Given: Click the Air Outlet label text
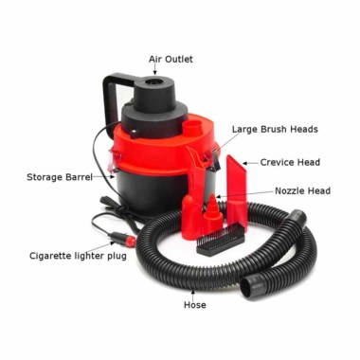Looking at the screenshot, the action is pos(171,60).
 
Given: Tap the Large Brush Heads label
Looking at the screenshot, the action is pos(275,130).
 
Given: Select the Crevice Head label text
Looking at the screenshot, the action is pos(290,162).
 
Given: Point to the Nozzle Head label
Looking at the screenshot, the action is pos(303,191).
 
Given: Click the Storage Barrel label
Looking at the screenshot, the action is pos(60,177).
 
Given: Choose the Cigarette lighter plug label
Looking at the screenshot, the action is pos(78,256).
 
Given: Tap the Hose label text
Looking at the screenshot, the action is pos(195,305).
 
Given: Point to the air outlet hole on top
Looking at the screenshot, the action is pos(155,82).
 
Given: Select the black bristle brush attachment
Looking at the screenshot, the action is pos(221,239).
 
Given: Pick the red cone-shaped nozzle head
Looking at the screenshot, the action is pos(212,215).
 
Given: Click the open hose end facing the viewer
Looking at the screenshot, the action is pos(249,286).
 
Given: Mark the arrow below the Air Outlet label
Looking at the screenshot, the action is pos(155,70).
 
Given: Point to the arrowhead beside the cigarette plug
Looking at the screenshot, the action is pos(112,243).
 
